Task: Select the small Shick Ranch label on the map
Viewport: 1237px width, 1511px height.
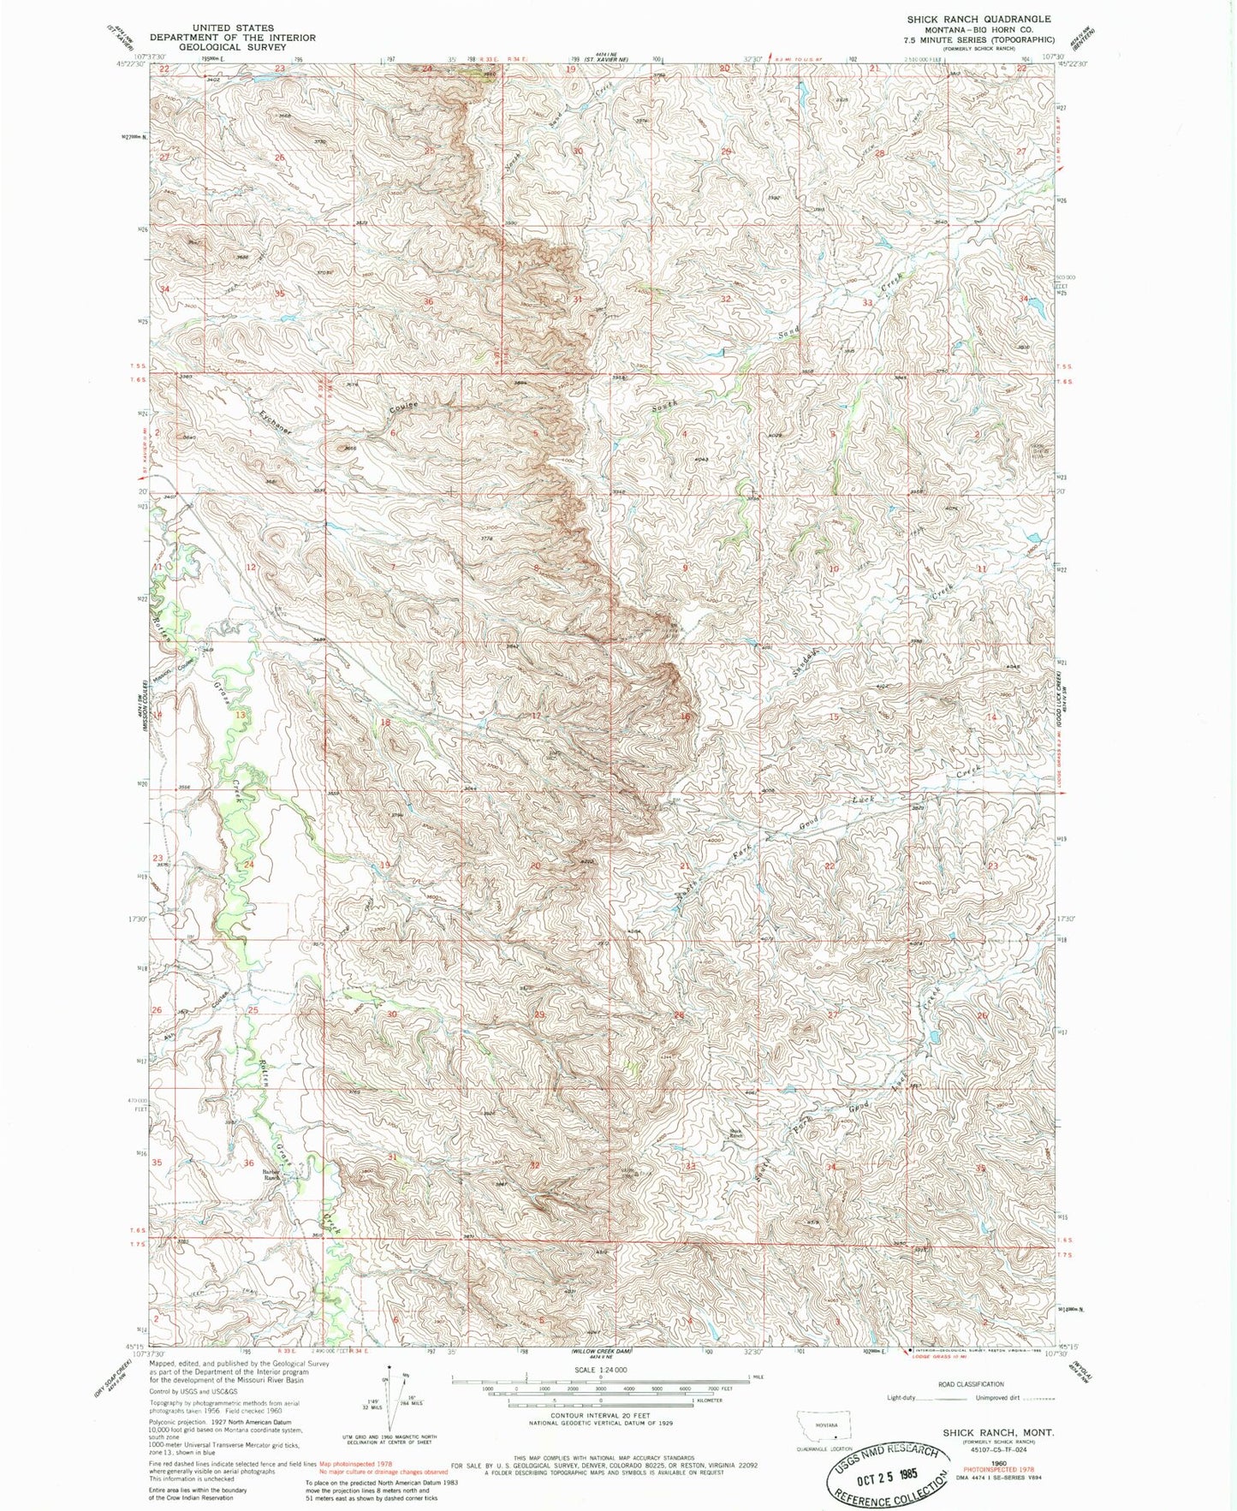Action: (x=734, y=1133)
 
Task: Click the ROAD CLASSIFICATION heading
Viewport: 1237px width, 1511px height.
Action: (x=971, y=1383)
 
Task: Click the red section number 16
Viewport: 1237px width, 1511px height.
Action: (x=685, y=717)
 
